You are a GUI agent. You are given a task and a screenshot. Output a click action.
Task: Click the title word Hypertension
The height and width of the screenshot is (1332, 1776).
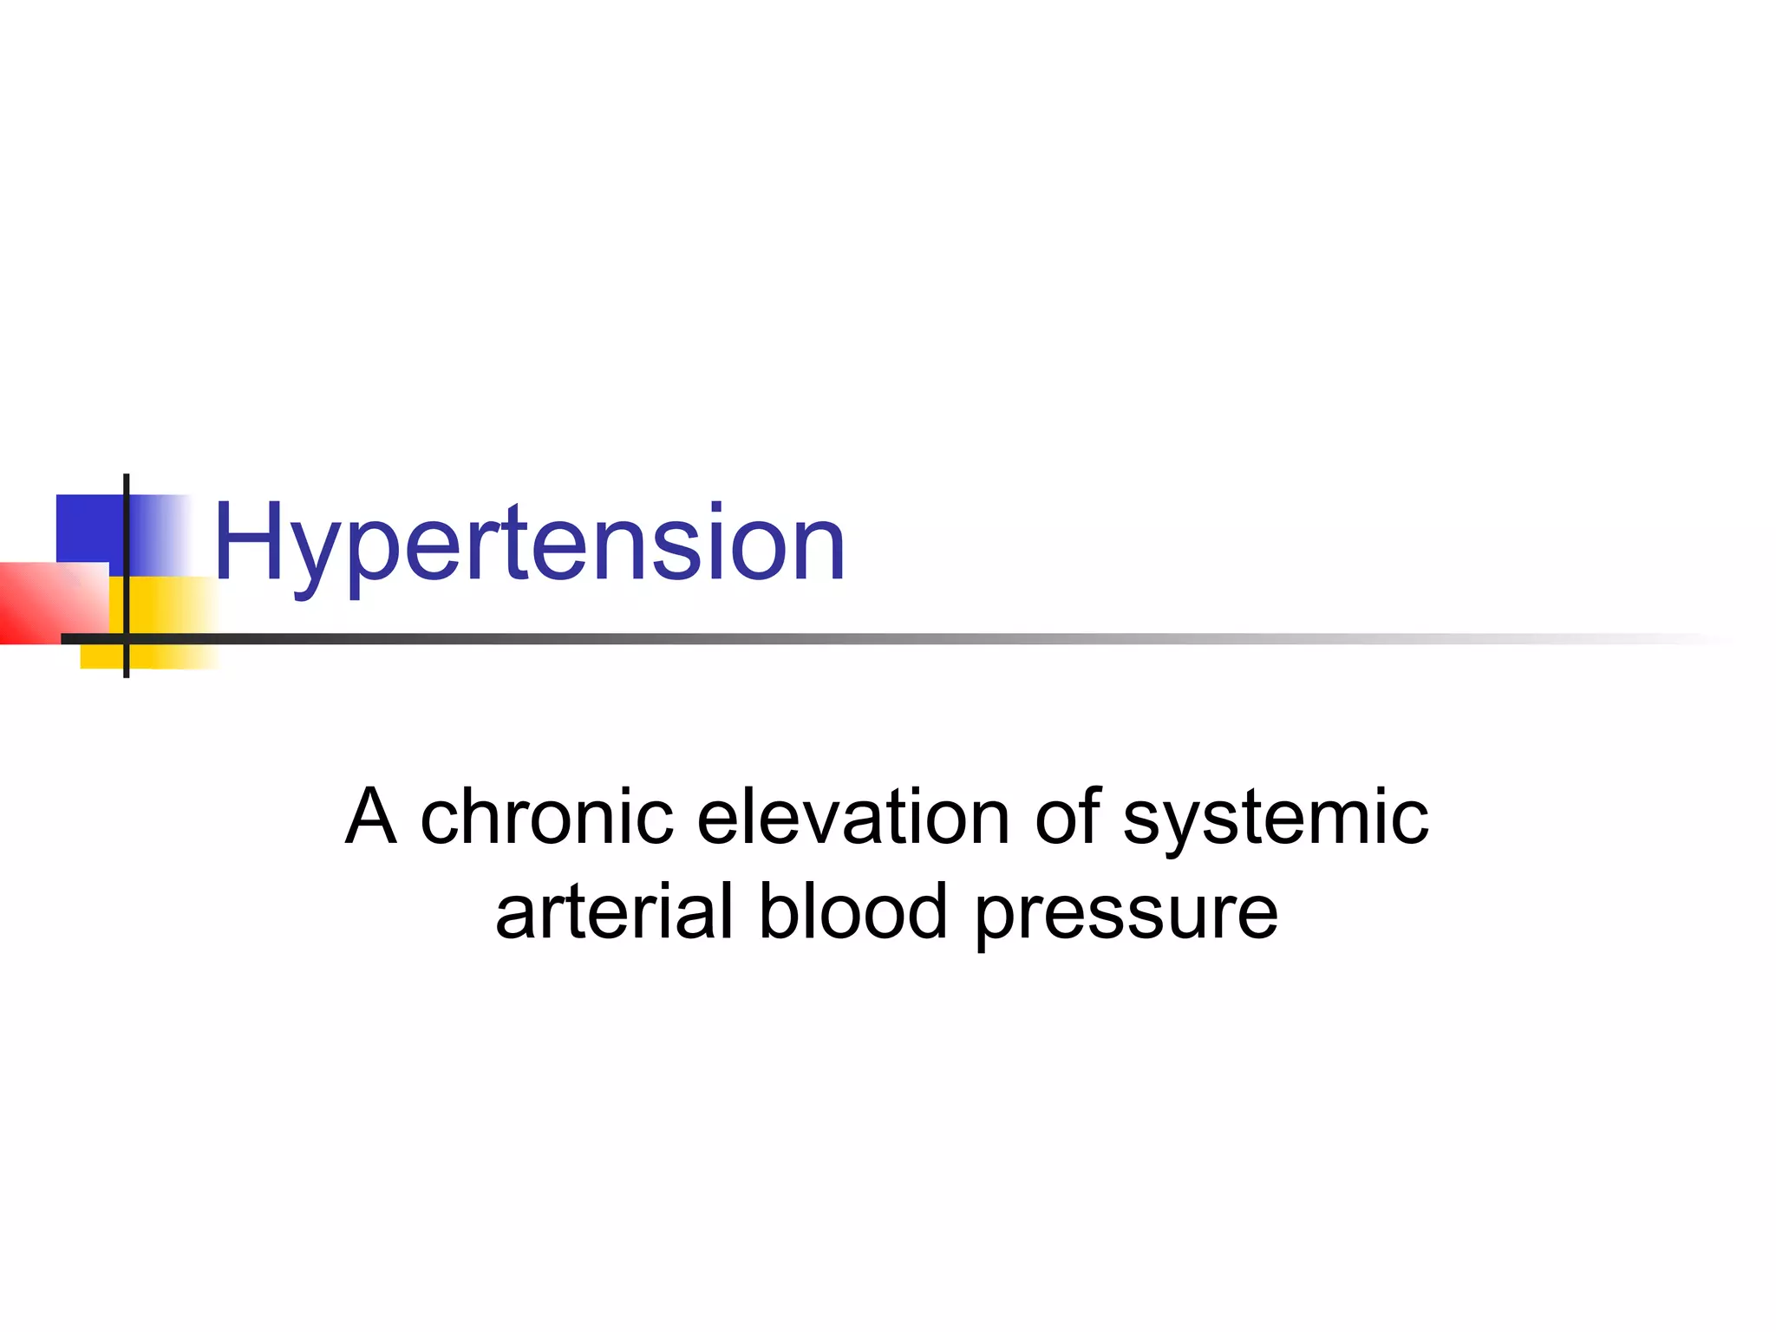529,544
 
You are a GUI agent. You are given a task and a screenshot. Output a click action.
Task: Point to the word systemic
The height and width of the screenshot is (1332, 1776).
1276,819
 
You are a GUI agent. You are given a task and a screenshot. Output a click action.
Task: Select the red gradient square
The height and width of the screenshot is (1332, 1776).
43,603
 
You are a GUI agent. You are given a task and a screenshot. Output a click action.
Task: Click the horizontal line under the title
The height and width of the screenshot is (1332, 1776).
867,639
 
